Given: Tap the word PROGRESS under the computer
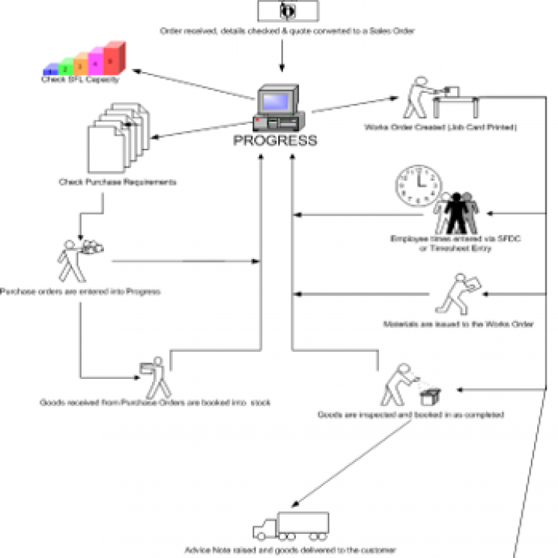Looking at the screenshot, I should point(275,141).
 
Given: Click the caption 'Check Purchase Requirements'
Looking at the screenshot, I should point(118,183).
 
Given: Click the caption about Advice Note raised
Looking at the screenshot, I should point(291,549).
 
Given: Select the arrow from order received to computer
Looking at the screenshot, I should point(281,56).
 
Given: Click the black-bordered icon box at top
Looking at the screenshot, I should point(288,10).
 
